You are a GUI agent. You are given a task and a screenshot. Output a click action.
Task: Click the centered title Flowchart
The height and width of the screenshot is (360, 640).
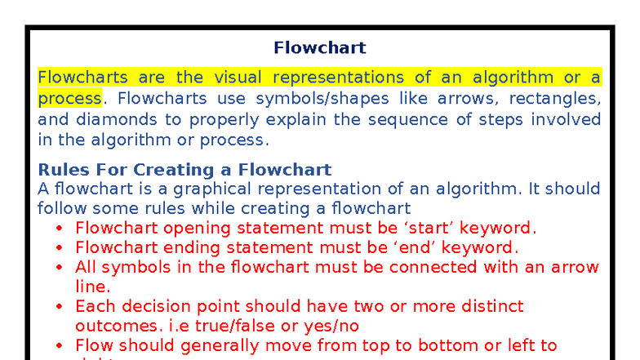[319, 48]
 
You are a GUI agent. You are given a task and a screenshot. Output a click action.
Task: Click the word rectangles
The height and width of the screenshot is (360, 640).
[555, 99]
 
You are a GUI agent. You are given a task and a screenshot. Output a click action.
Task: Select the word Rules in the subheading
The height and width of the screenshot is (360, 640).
[60, 170]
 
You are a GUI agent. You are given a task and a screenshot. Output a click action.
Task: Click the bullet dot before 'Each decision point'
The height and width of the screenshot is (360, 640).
[60, 307]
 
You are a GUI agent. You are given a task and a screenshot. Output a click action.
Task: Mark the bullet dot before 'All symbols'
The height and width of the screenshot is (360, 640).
[60, 268]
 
